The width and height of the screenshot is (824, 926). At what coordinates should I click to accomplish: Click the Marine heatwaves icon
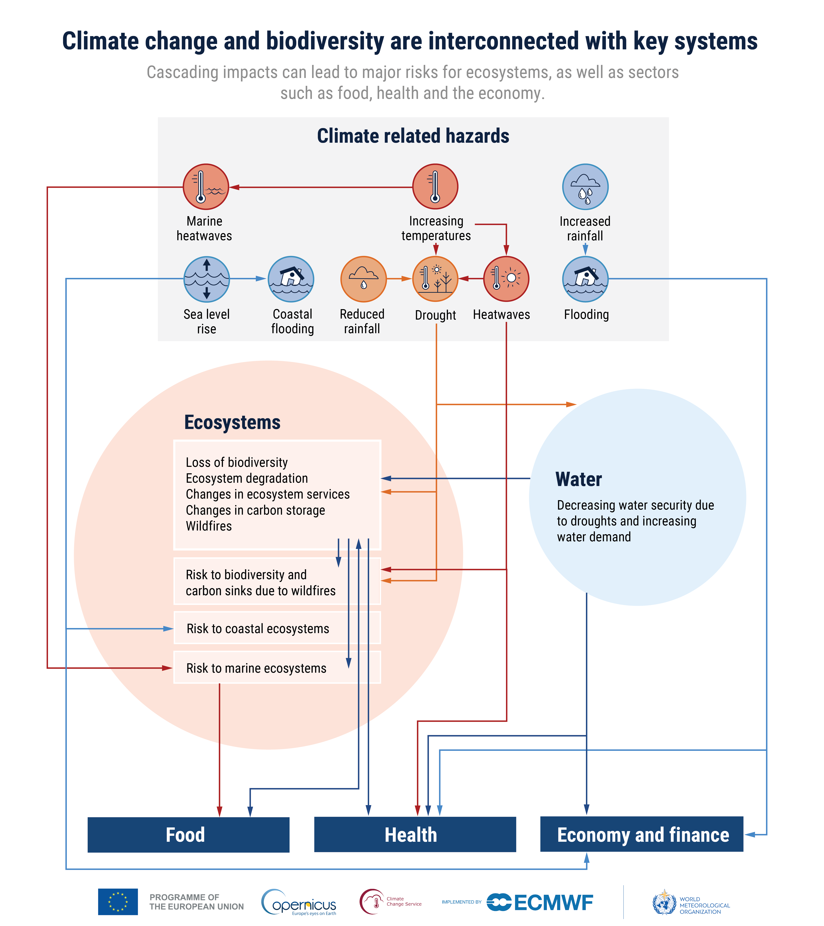[206, 187]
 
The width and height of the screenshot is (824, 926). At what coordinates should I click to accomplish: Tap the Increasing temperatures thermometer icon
[435, 187]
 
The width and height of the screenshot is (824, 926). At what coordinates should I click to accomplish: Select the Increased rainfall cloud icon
[585, 187]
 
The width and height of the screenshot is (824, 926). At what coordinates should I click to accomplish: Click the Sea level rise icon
[207, 279]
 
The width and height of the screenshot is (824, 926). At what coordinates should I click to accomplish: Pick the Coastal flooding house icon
[291, 279]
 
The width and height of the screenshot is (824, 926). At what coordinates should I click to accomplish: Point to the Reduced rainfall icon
[364, 279]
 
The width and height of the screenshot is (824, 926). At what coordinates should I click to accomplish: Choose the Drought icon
[435, 279]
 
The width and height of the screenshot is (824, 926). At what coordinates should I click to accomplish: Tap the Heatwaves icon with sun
[506, 279]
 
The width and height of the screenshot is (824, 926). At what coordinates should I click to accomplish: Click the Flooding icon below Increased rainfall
[585, 279]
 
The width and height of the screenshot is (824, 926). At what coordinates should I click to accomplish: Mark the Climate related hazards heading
[413, 136]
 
